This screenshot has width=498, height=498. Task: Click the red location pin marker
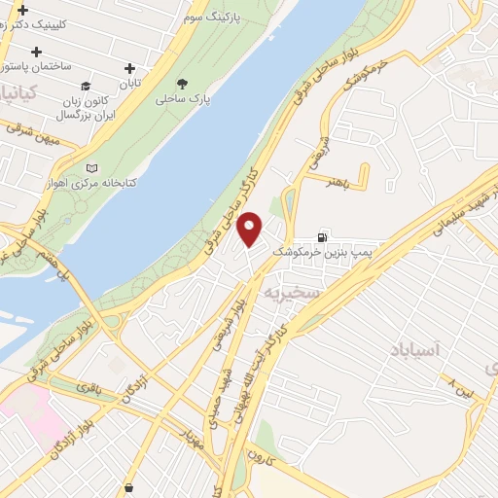[x=250, y=230]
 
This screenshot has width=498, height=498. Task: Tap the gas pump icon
[x=322, y=236]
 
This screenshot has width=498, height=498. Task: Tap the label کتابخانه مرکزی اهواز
[x=93, y=182]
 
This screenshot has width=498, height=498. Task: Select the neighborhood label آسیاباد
[x=415, y=348]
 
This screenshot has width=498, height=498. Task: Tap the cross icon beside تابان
[x=130, y=67]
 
